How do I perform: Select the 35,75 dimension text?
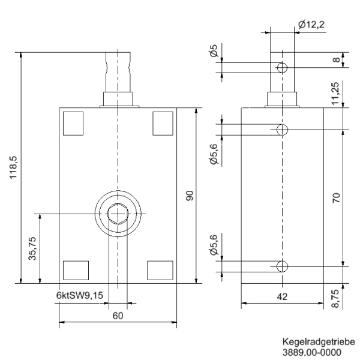[33, 248]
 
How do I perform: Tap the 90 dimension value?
[190, 196]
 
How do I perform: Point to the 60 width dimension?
[118, 316]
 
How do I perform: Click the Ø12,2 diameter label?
[311, 25]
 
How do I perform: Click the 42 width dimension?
[281, 296]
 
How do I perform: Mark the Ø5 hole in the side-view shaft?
[282, 67]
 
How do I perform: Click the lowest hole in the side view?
[282, 266]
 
